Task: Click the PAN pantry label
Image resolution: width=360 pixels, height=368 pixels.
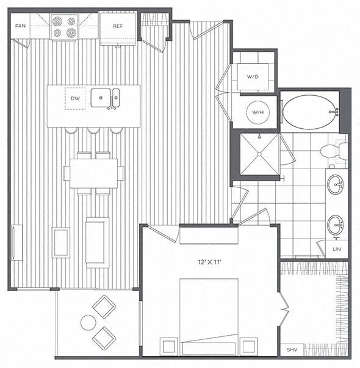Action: [20, 26]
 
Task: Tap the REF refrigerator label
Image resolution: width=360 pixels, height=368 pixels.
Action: [118, 26]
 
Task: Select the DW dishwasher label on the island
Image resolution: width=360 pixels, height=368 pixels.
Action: [75, 98]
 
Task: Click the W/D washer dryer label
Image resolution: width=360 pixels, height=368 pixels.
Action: [253, 76]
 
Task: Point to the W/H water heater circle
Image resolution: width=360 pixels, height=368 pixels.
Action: [258, 112]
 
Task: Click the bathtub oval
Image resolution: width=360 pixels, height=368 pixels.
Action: [310, 112]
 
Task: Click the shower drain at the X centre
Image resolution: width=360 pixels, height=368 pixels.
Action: [259, 154]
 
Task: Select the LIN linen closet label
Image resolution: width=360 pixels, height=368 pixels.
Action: [337, 249]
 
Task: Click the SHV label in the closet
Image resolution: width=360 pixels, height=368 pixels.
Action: [292, 350]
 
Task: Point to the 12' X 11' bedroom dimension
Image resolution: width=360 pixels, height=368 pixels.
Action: [209, 262]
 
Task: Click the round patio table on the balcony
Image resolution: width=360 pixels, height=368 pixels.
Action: [88, 322]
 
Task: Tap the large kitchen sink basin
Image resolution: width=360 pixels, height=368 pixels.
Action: [101, 98]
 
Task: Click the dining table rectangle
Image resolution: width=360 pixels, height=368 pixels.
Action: [93, 173]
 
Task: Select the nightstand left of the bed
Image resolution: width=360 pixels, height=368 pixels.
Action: [169, 346]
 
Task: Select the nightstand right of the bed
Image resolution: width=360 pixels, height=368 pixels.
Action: [248, 346]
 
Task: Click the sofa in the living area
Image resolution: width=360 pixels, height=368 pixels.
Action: [98, 243]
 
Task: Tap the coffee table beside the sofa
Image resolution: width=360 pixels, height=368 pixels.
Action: [61, 242]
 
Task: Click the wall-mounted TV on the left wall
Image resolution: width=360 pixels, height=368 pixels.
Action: [16, 242]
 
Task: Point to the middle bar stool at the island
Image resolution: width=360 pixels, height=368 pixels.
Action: [93, 131]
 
